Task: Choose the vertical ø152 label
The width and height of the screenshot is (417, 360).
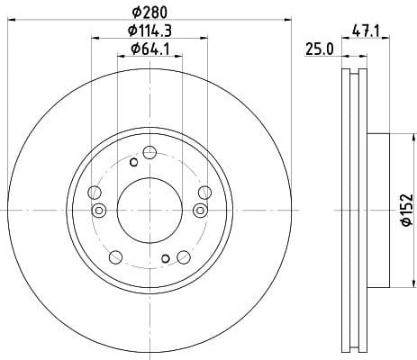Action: point(407,209)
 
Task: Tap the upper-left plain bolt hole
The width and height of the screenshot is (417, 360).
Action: point(95,191)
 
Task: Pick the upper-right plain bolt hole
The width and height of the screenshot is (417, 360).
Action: point(204,191)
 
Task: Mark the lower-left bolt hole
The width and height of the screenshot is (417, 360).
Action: point(114,256)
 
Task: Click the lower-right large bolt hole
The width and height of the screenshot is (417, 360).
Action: point(184,256)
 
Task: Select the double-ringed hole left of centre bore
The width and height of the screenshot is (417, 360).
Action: point(100,211)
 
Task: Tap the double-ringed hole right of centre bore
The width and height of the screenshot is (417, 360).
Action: point(199,211)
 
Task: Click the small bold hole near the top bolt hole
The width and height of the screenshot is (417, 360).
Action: point(133,162)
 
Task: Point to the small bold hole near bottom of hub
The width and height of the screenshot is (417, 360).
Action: point(165,259)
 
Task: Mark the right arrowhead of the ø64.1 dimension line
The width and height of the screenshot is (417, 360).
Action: point(178,56)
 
